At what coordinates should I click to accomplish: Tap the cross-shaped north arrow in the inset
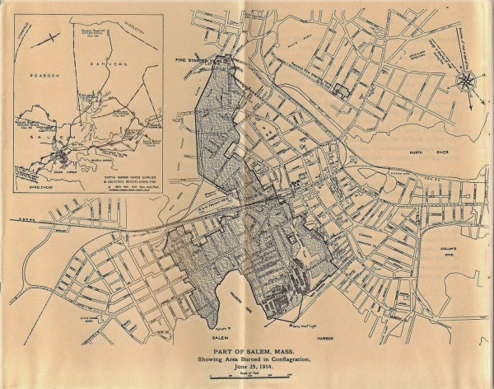pyautogui.click(x=54, y=37)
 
